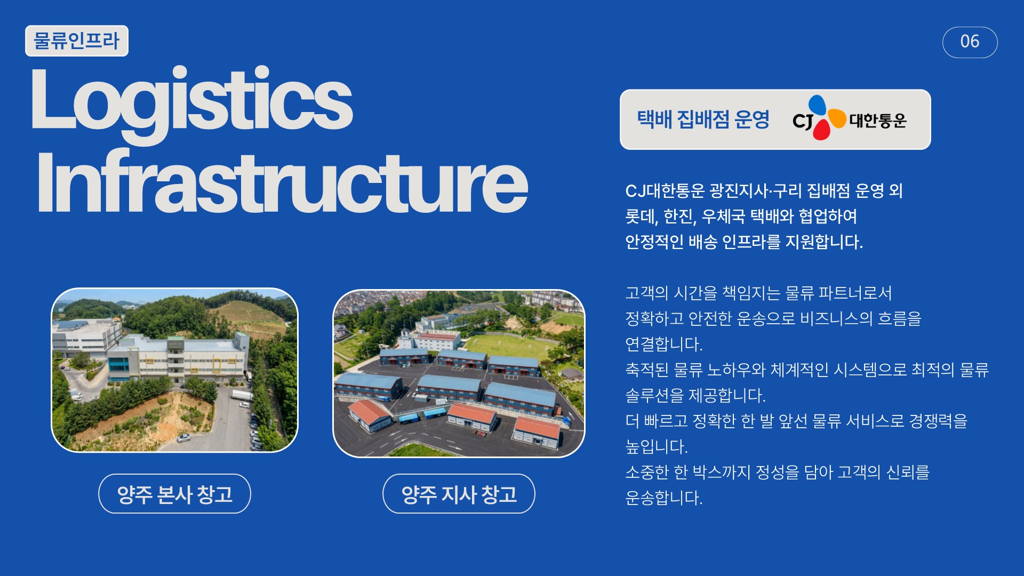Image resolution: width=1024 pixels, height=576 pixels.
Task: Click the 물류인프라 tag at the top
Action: click(77, 41)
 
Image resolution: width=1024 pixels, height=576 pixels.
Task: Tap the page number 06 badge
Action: click(970, 42)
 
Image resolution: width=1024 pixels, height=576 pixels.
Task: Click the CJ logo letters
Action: click(802, 121)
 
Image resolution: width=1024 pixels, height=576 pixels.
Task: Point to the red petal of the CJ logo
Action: click(821, 130)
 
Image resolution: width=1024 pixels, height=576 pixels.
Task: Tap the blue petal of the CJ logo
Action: click(817, 105)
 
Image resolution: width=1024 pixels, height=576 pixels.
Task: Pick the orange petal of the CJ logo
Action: click(837, 118)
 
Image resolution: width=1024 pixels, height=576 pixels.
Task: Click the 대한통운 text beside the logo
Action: click(878, 121)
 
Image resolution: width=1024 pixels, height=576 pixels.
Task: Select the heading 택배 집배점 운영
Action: click(703, 119)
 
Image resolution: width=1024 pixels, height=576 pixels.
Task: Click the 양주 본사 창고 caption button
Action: click(174, 494)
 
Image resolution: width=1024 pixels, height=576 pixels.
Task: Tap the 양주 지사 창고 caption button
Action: click(459, 494)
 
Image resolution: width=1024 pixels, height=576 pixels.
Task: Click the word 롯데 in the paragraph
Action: click(641, 217)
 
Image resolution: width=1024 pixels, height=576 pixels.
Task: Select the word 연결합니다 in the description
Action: click(663, 344)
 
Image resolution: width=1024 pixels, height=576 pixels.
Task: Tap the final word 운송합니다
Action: click(663, 498)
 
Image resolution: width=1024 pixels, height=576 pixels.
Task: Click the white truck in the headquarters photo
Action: click(242, 395)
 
